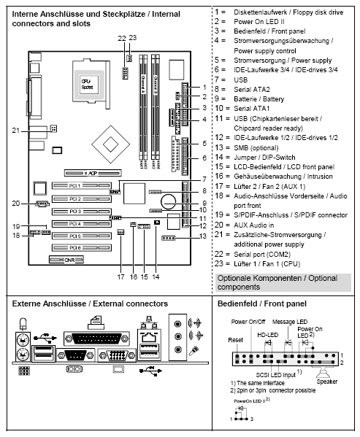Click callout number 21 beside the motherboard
tap(15, 130)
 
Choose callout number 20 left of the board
tap(15, 204)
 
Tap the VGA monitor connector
tap(116, 357)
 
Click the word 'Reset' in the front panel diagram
tap(235, 340)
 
